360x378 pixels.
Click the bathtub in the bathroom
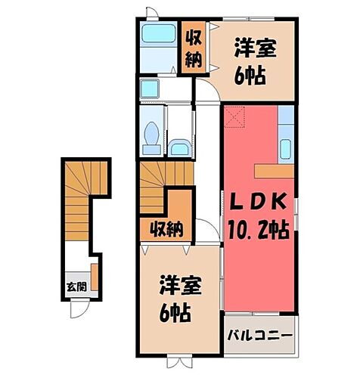[x=159, y=35]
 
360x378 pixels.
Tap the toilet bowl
[x=150, y=137]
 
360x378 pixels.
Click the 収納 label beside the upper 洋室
[x=194, y=47]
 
